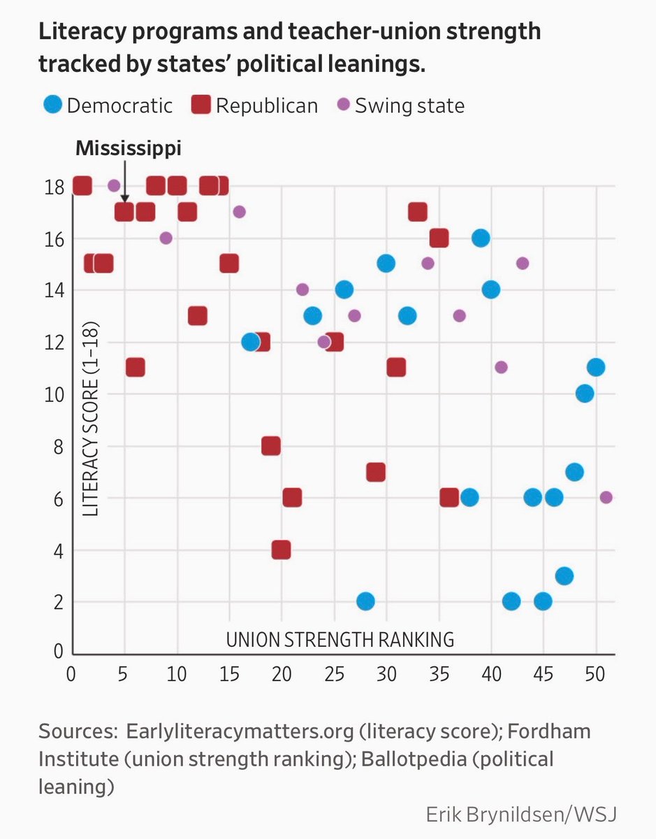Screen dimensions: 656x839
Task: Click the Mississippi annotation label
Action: (129, 149)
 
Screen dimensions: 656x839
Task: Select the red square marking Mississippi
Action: (124, 212)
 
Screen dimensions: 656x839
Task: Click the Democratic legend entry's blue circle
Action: (53, 104)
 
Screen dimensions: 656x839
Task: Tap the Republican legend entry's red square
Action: (201, 104)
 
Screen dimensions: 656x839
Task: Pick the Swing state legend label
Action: (409, 106)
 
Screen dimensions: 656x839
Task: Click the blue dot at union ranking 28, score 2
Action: (365, 601)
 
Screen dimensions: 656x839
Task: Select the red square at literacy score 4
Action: (281, 550)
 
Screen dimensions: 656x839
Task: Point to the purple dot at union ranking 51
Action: (606, 497)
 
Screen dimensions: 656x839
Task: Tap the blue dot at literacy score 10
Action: (585, 394)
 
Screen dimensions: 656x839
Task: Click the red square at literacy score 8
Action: (271, 446)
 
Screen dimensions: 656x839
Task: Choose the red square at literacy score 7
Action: (376, 472)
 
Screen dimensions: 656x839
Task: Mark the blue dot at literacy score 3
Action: (564, 576)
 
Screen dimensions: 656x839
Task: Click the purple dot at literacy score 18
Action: (114, 186)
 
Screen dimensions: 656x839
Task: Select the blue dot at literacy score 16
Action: (481, 238)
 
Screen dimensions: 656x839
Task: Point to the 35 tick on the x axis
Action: (439, 674)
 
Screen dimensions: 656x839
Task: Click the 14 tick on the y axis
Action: (54, 290)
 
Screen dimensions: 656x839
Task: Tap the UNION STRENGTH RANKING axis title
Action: (340, 640)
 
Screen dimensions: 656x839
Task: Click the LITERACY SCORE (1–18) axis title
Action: (91, 419)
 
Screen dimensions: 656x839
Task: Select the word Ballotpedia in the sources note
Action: (414, 759)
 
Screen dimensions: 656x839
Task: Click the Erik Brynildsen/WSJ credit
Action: (521, 815)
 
